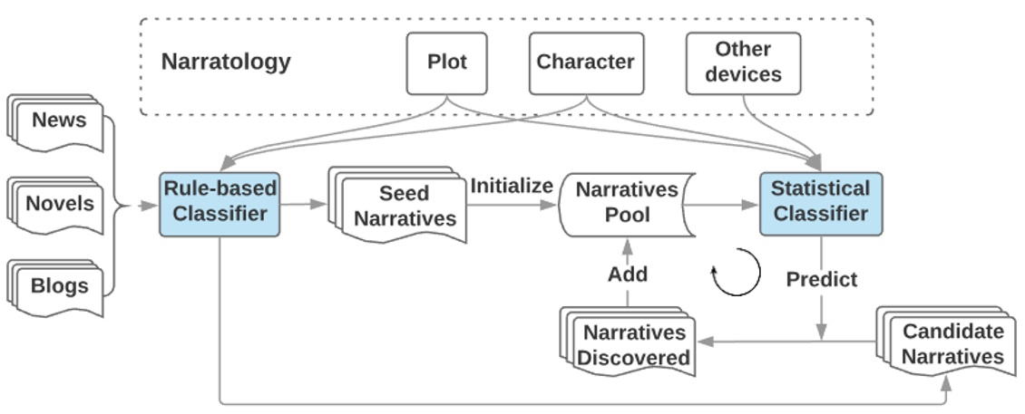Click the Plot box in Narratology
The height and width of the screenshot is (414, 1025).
point(446,63)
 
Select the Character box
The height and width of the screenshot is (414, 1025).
point(585,63)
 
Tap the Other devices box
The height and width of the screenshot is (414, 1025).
point(743,63)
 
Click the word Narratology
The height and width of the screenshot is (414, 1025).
point(226,62)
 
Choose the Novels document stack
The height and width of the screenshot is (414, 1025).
point(56,205)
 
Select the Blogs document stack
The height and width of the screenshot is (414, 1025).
point(56,287)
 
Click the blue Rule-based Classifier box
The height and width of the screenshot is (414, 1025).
point(219,203)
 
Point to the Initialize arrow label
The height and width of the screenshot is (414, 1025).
point(511,186)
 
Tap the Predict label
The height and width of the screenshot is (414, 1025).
point(821,279)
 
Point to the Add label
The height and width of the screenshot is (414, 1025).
point(628,273)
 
